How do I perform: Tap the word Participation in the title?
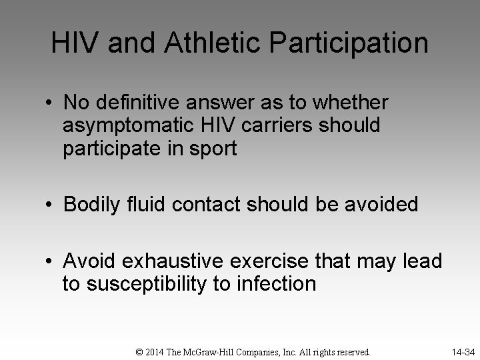(x=351, y=43)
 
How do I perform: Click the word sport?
(x=213, y=149)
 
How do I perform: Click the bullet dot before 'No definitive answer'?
(x=51, y=103)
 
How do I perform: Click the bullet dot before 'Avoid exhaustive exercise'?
(x=51, y=261)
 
